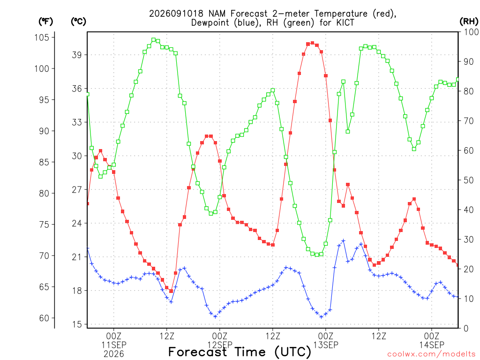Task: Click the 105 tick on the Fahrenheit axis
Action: click(42, 37)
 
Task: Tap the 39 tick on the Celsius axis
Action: click(77, 55)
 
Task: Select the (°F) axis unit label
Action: click(45, 22)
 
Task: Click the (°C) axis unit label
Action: click(78, 22)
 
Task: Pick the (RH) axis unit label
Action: click(469, 22)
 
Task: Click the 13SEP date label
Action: click(326, 345)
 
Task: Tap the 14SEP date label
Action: click(432, 345)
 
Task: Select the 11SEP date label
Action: click(114, 345)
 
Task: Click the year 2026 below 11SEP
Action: click(114, 354)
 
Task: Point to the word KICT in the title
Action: click(345, 23)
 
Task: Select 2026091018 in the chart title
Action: click(176, 14)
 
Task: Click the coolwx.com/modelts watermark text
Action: click(431, 354)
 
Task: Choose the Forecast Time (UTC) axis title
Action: click(240, 352)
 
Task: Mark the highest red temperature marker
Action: click(312, 43)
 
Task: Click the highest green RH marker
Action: click(153, 40)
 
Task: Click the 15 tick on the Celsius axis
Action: click(77, 324)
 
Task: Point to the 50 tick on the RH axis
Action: click(469, 180)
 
